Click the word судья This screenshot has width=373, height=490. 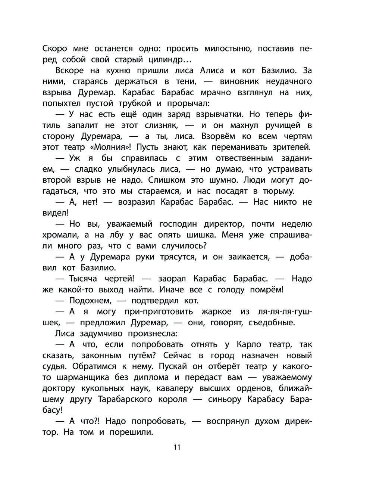pos(56,367)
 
